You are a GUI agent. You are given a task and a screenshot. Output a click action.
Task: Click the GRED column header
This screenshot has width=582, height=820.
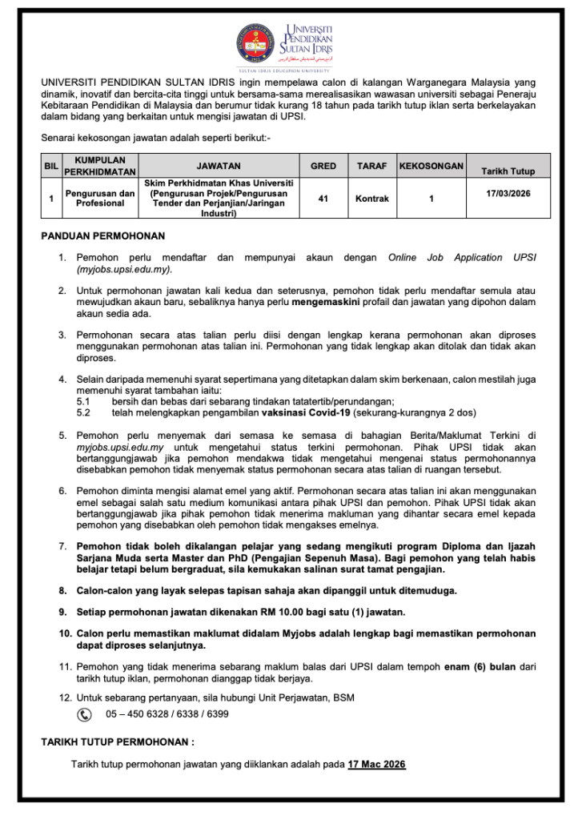click(x=323, y=166)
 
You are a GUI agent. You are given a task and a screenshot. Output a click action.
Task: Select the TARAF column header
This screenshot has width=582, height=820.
click(x=371, y=166)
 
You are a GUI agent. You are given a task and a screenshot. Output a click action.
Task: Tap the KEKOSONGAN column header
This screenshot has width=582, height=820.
click(x=431, y=166)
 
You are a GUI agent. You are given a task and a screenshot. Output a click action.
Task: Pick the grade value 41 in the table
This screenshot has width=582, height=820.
click(x=323, y=198)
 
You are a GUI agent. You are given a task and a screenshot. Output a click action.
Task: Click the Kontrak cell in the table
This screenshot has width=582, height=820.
click(x=371, y=198)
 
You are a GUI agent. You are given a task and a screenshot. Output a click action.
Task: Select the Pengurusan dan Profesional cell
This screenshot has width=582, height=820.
click(x=100, y=198)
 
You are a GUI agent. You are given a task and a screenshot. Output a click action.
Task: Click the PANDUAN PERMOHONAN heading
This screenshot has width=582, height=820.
click(x=102, y=236)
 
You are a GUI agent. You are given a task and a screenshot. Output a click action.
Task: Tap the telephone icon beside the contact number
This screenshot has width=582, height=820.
click(x=84, y=713)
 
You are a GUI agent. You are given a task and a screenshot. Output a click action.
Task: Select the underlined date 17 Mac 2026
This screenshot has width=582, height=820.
click(x=376, y=765)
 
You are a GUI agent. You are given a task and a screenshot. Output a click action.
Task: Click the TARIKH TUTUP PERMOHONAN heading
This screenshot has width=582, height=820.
click(x=118, y=742)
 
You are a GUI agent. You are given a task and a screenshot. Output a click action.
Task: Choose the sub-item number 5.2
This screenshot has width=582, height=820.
click(x=83, y=412)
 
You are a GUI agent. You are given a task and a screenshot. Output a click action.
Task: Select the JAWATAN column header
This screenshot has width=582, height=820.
click(x=219, y=166)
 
